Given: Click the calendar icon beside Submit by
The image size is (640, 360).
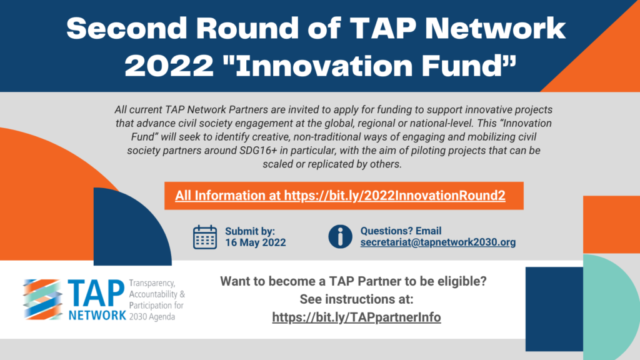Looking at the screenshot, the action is coord(205,237).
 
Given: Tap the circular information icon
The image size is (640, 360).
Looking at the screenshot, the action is coord(340,236).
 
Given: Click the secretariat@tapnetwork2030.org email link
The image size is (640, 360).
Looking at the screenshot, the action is coord(438,242).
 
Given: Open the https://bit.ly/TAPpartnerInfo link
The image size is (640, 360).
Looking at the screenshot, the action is coord(356,317).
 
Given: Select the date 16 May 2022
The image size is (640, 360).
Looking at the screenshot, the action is coord(256,243).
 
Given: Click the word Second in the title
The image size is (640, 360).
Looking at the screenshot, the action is coord(126,28).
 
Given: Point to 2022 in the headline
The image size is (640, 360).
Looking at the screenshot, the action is coord(169,66).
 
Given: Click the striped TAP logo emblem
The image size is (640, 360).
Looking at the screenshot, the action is coord(43,299).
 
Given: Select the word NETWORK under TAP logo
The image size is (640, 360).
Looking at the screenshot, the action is coord(97,315).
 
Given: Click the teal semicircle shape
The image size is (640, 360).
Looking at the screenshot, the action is coord(611,307).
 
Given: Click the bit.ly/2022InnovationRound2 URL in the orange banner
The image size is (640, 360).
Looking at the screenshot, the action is coord(395,196).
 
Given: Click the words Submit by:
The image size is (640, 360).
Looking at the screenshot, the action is coord(250,231).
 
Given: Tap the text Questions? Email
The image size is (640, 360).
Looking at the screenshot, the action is coord(401,231).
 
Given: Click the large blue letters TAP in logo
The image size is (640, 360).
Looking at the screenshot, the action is coord(96,294).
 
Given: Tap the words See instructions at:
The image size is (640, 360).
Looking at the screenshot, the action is coord(357,299).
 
